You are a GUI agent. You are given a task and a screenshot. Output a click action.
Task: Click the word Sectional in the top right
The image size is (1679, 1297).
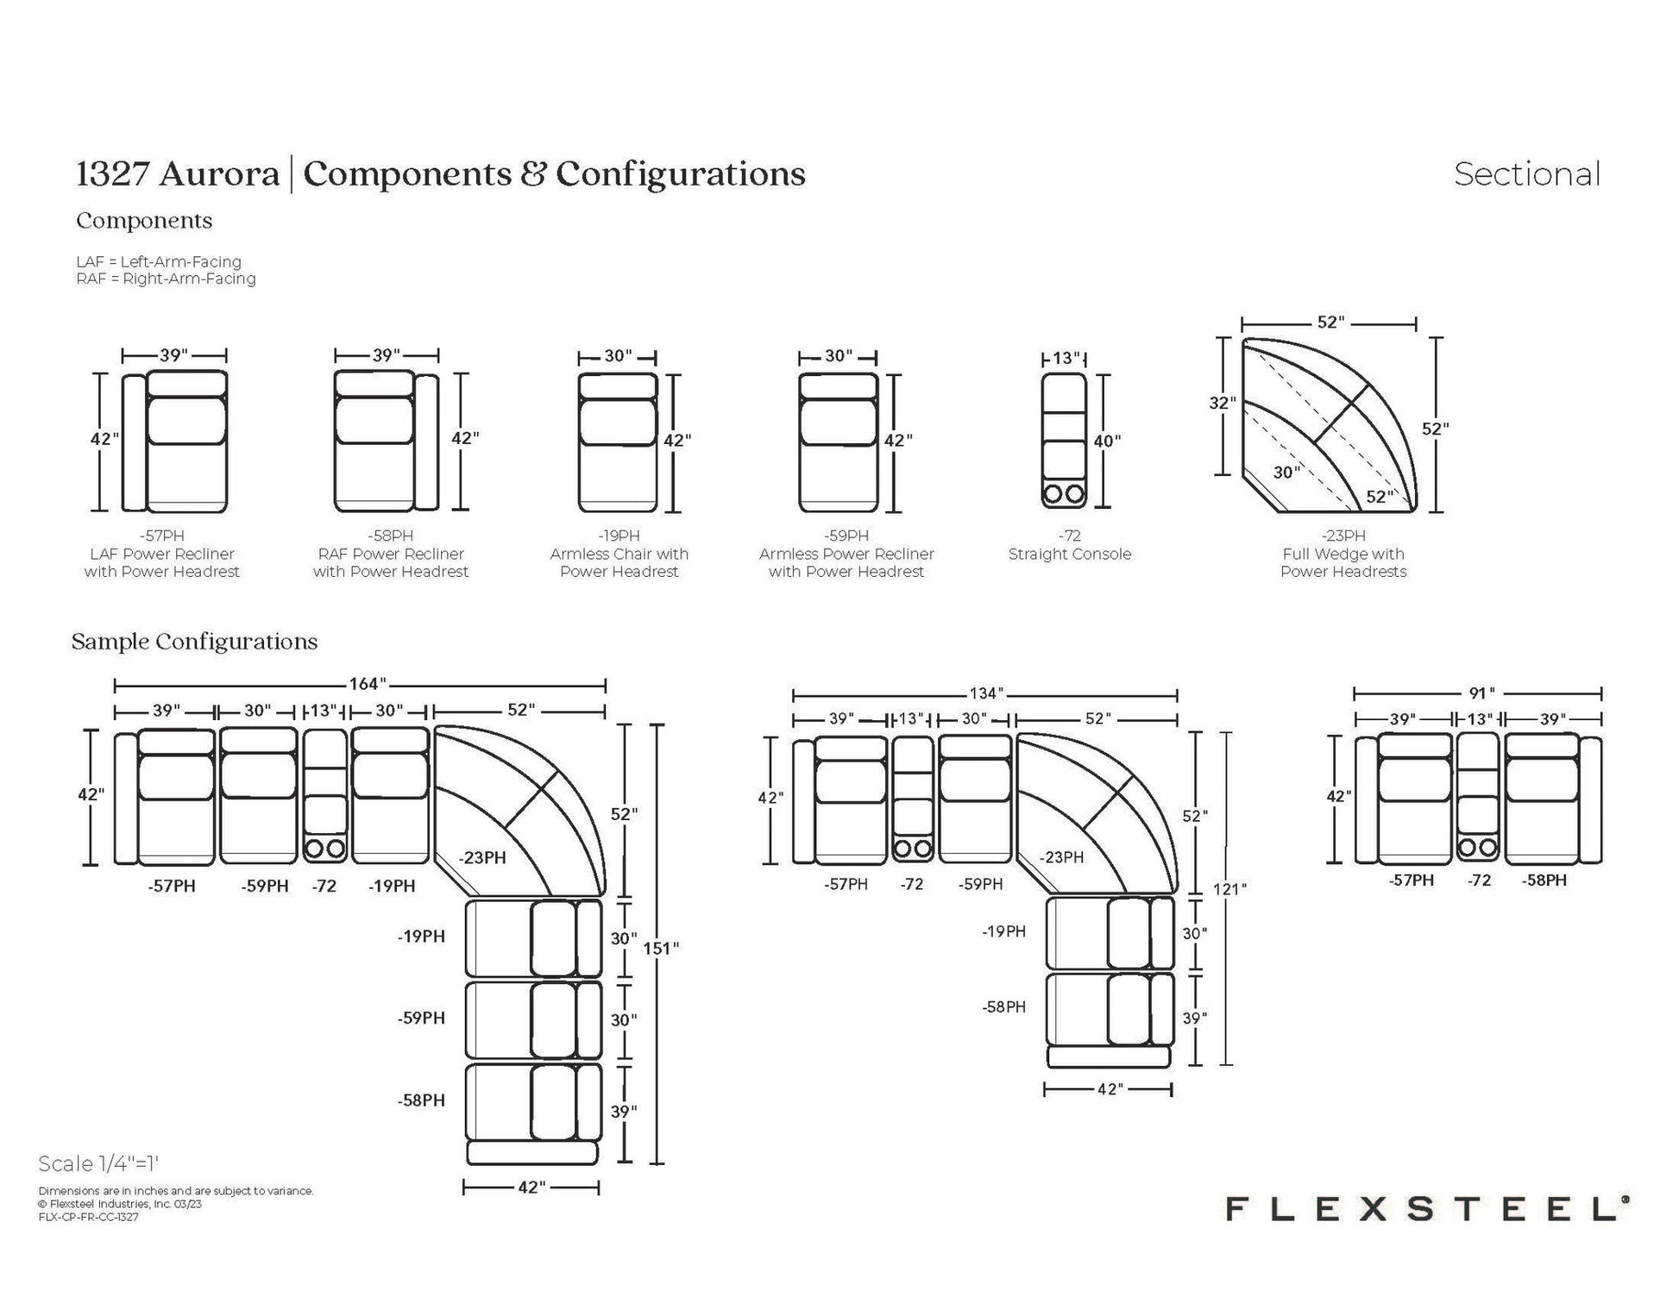click(1526, 174)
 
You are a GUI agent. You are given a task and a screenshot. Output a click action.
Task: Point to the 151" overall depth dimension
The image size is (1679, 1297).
click(661, 948)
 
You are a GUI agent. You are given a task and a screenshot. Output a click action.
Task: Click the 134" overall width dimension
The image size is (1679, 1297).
click(985, 693)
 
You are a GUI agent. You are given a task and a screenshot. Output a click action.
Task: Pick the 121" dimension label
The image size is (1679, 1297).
click(1229, 888)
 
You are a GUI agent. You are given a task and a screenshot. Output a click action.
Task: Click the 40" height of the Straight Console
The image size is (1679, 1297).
click(1107, 441)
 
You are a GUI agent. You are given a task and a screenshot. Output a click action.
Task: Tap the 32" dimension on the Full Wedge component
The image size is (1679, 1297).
click(1222, 403)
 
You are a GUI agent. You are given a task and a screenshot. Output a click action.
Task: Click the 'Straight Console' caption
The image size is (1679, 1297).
click(1069, 555)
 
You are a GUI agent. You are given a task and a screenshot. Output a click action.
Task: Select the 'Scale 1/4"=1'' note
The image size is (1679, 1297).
click(99, 1163)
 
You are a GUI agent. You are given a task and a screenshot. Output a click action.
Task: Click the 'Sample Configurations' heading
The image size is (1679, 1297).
click(194, 642)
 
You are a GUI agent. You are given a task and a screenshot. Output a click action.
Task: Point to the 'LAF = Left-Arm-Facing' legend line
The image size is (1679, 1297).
click(159, 261)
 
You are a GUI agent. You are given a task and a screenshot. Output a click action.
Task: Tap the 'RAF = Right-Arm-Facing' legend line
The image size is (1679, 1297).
click(166, 279)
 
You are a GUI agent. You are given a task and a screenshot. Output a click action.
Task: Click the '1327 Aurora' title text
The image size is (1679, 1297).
click(178, 174)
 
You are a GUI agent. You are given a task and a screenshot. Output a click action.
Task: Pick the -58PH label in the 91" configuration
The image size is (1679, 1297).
click(1544, 880)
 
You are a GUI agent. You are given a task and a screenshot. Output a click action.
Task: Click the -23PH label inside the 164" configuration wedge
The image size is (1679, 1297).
click(482, 857)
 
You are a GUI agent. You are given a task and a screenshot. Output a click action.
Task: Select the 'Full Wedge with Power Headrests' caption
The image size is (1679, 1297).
click(1343, 563)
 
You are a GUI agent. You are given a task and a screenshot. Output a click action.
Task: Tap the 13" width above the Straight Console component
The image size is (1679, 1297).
click(1066, 358)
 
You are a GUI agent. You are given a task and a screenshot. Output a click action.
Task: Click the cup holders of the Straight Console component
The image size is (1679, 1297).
click(1063, 494)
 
